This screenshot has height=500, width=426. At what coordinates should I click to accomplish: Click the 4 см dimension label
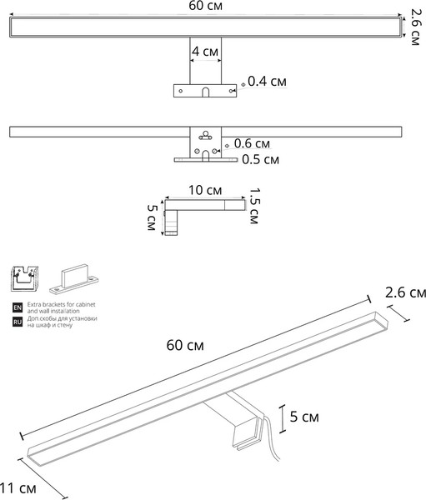tap(205, 51)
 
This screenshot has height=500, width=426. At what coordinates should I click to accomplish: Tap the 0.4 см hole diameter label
tap(267, 82)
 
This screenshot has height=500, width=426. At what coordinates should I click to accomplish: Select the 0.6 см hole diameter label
tap(252, 143)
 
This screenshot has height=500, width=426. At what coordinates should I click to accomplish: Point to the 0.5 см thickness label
tap(260, 159)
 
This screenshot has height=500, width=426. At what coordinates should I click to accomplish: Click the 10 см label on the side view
tap(205, 190)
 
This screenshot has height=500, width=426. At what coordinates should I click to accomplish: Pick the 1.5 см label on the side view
tap(254, 206)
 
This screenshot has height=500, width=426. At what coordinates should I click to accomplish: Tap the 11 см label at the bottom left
tap(18, 488)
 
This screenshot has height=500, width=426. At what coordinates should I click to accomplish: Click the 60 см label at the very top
tap(206, 6)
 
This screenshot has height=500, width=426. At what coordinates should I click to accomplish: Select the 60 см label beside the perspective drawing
tap(185, 345)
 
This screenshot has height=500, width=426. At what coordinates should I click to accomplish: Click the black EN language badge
tap(18, 307)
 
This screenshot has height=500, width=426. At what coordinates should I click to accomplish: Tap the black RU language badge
tap(18, 322)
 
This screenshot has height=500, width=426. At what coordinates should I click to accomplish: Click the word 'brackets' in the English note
tap(54, 304)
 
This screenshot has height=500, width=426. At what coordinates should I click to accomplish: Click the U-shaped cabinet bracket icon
tap(24, 278)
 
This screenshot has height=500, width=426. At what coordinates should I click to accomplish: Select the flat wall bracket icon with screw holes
tap(73, 279)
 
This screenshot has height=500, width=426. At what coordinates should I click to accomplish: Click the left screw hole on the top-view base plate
tap(181, 91)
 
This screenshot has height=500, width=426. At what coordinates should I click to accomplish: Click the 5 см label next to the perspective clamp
tap(304, 417)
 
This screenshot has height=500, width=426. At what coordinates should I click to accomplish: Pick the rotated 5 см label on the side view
tap(152, 217)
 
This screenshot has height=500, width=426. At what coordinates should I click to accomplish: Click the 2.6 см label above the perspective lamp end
tap(405, 292)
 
